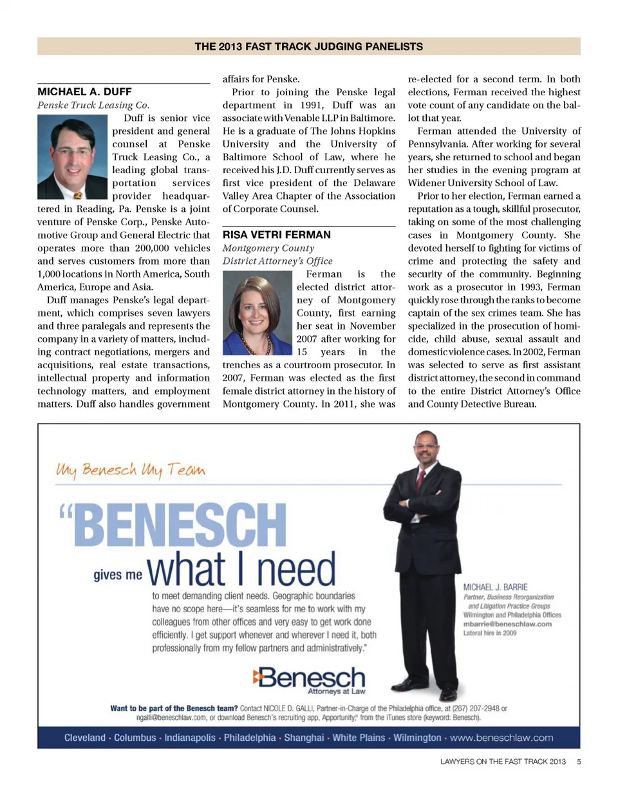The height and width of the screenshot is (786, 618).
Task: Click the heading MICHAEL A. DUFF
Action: [85, 92]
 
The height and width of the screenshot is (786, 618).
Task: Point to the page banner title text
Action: [309, 46]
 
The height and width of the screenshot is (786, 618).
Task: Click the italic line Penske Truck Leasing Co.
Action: [94, 105]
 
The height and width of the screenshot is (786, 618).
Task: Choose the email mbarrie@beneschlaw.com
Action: [507, 624]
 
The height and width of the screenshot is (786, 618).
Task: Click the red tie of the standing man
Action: [420, 478]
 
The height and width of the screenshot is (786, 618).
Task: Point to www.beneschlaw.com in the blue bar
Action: [503, 737]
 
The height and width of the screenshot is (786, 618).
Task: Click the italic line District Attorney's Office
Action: [277, 261]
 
